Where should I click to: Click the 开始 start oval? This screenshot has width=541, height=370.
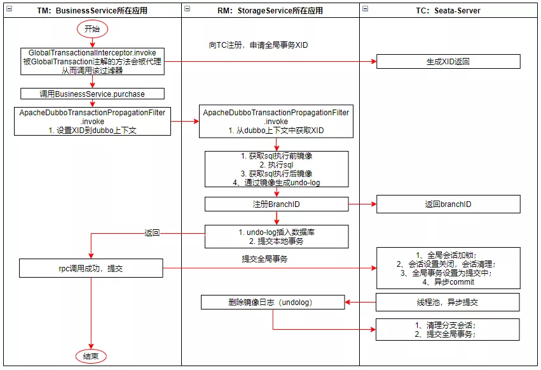point(92,29)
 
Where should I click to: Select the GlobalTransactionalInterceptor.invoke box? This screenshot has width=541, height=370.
point(92,61)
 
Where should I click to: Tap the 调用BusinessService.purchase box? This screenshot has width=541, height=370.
point(92,94)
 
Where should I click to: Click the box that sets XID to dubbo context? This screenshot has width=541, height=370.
point(92,121)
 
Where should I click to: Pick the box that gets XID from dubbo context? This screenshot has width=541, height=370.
point(276,122)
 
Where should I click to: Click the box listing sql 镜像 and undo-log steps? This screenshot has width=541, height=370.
point(276,169)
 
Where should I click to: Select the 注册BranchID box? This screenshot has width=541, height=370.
point(276,204)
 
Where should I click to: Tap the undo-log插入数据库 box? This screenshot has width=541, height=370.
point(276,236)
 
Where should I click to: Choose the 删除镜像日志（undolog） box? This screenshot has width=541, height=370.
point(272,302)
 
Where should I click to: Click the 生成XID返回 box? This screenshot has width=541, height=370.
point(448,61)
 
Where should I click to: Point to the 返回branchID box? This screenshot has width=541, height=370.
point(448,204)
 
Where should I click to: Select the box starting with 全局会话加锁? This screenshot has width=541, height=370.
point(448,268)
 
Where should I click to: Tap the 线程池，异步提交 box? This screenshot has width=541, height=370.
point(448,302)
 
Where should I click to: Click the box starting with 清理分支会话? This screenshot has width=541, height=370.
point(448,329)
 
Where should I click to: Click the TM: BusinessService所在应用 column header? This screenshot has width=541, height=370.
point(92,10)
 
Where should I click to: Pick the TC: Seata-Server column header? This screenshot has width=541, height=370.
point(448,10)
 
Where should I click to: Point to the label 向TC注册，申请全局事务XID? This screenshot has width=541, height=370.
point(258,45)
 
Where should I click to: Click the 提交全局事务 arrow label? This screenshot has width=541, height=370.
point(264,259)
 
